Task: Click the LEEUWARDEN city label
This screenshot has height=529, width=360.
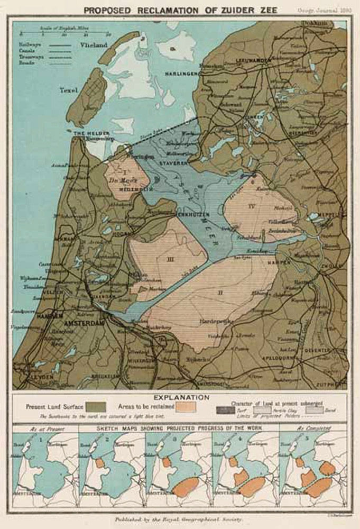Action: coord(256,61)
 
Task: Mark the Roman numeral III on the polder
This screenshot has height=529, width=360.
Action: coord(170,259)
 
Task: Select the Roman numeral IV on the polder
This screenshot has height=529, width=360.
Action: coord(252,206)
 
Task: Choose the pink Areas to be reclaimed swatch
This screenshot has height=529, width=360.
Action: coord(186,407)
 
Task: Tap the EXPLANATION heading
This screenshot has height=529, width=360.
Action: coord(180,397)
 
